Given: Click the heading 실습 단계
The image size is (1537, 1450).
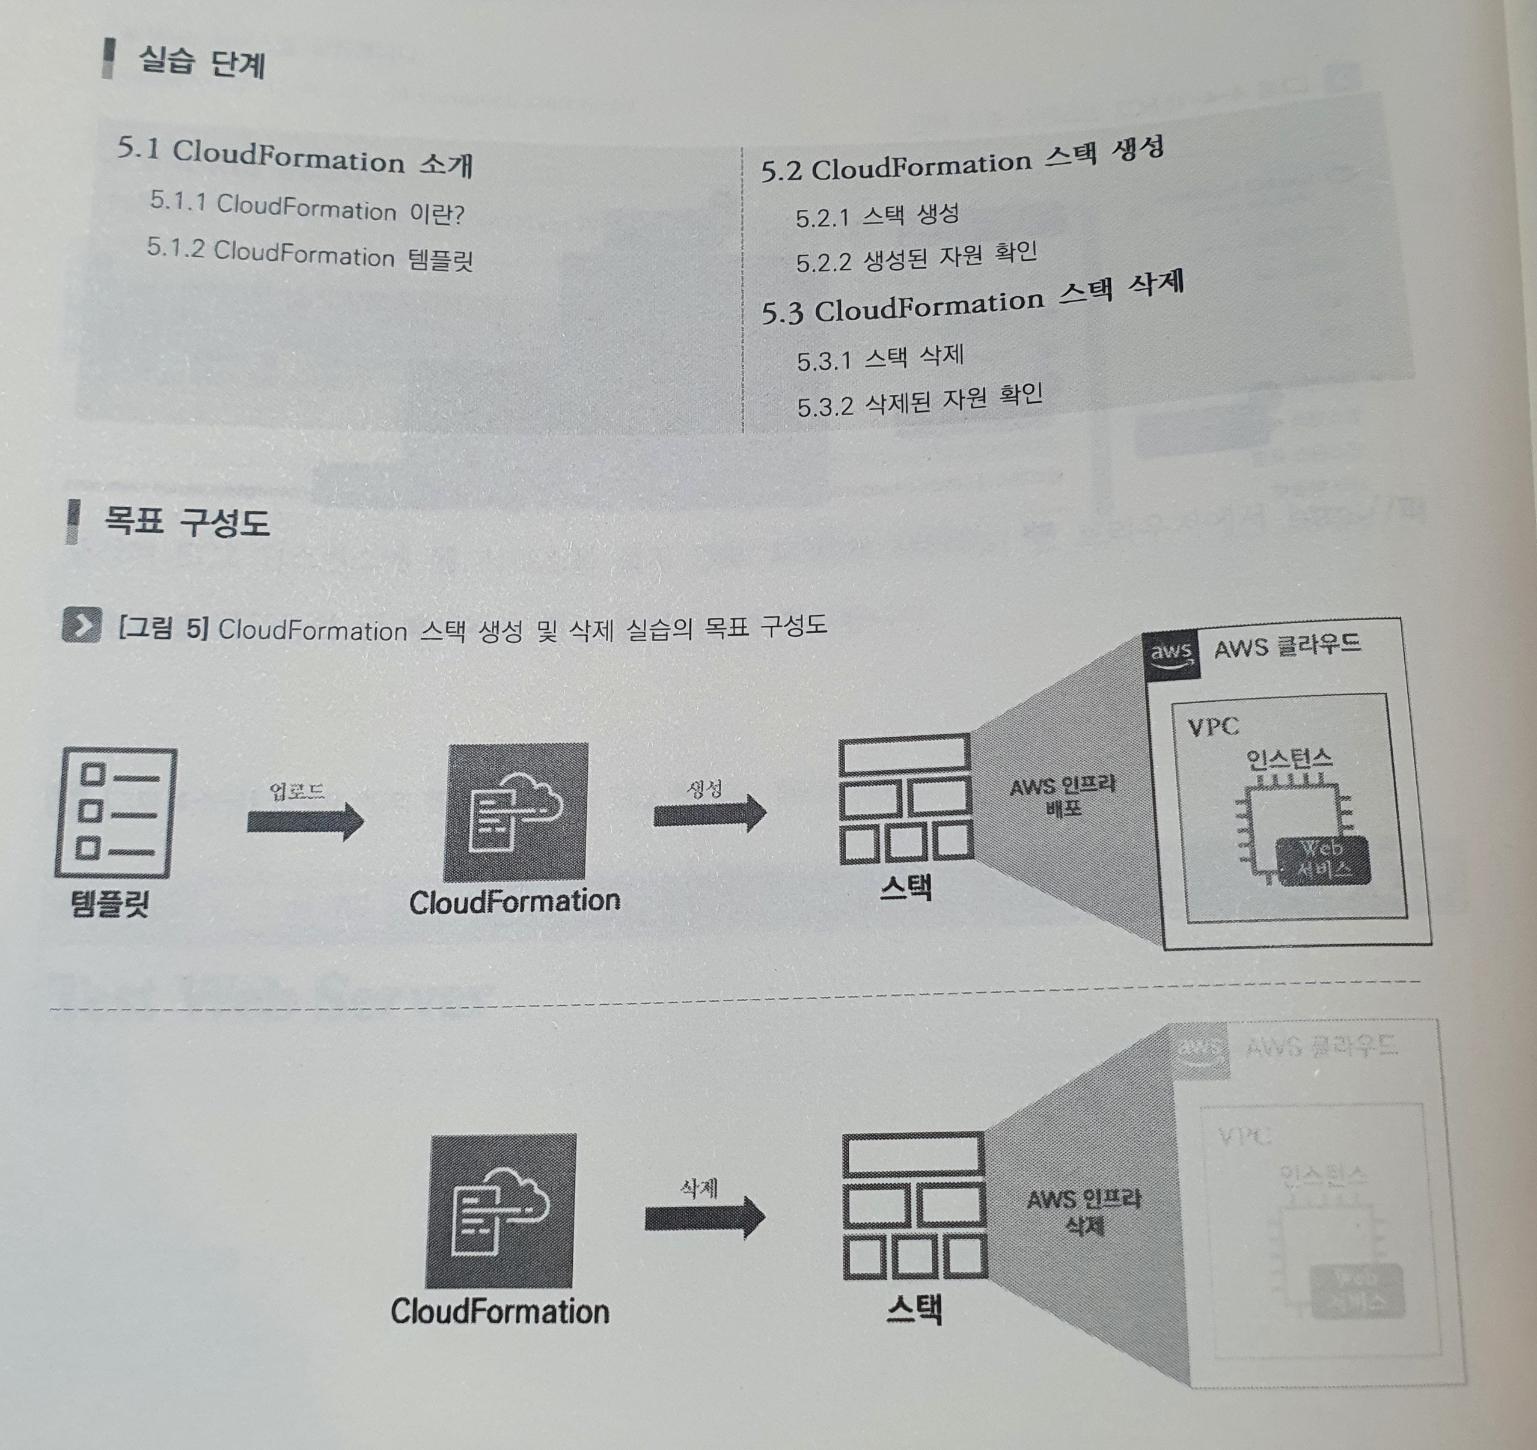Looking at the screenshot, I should pyautogui.click(x=201, y=62).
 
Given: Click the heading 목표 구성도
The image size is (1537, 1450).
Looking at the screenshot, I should pyautogui.click(x=186, y=523).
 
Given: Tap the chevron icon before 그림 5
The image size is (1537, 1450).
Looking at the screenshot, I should pyautogui.click(x=82, y=626).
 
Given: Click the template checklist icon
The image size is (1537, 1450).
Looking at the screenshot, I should pyautogui.click(x=116, y=812).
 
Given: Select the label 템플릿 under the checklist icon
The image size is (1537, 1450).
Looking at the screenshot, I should pyautogui.click(x=110, y=902).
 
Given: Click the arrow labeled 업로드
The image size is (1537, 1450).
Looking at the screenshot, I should pyautogui.click(x=305, y=821).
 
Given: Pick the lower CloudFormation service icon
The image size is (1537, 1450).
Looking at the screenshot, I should pyautogui.click(x=500, y=1210).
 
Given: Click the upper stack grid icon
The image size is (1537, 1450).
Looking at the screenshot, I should pyautogui.click(x=905, y=799).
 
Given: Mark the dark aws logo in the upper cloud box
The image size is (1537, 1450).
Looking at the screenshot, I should pyautogui.click(x=1170, y=656).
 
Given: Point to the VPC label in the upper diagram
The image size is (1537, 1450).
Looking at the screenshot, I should pyautogui.click(x=1213, y=727).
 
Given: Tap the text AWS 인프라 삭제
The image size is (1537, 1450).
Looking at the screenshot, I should pyautogui.click(x=1083, y=1212).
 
